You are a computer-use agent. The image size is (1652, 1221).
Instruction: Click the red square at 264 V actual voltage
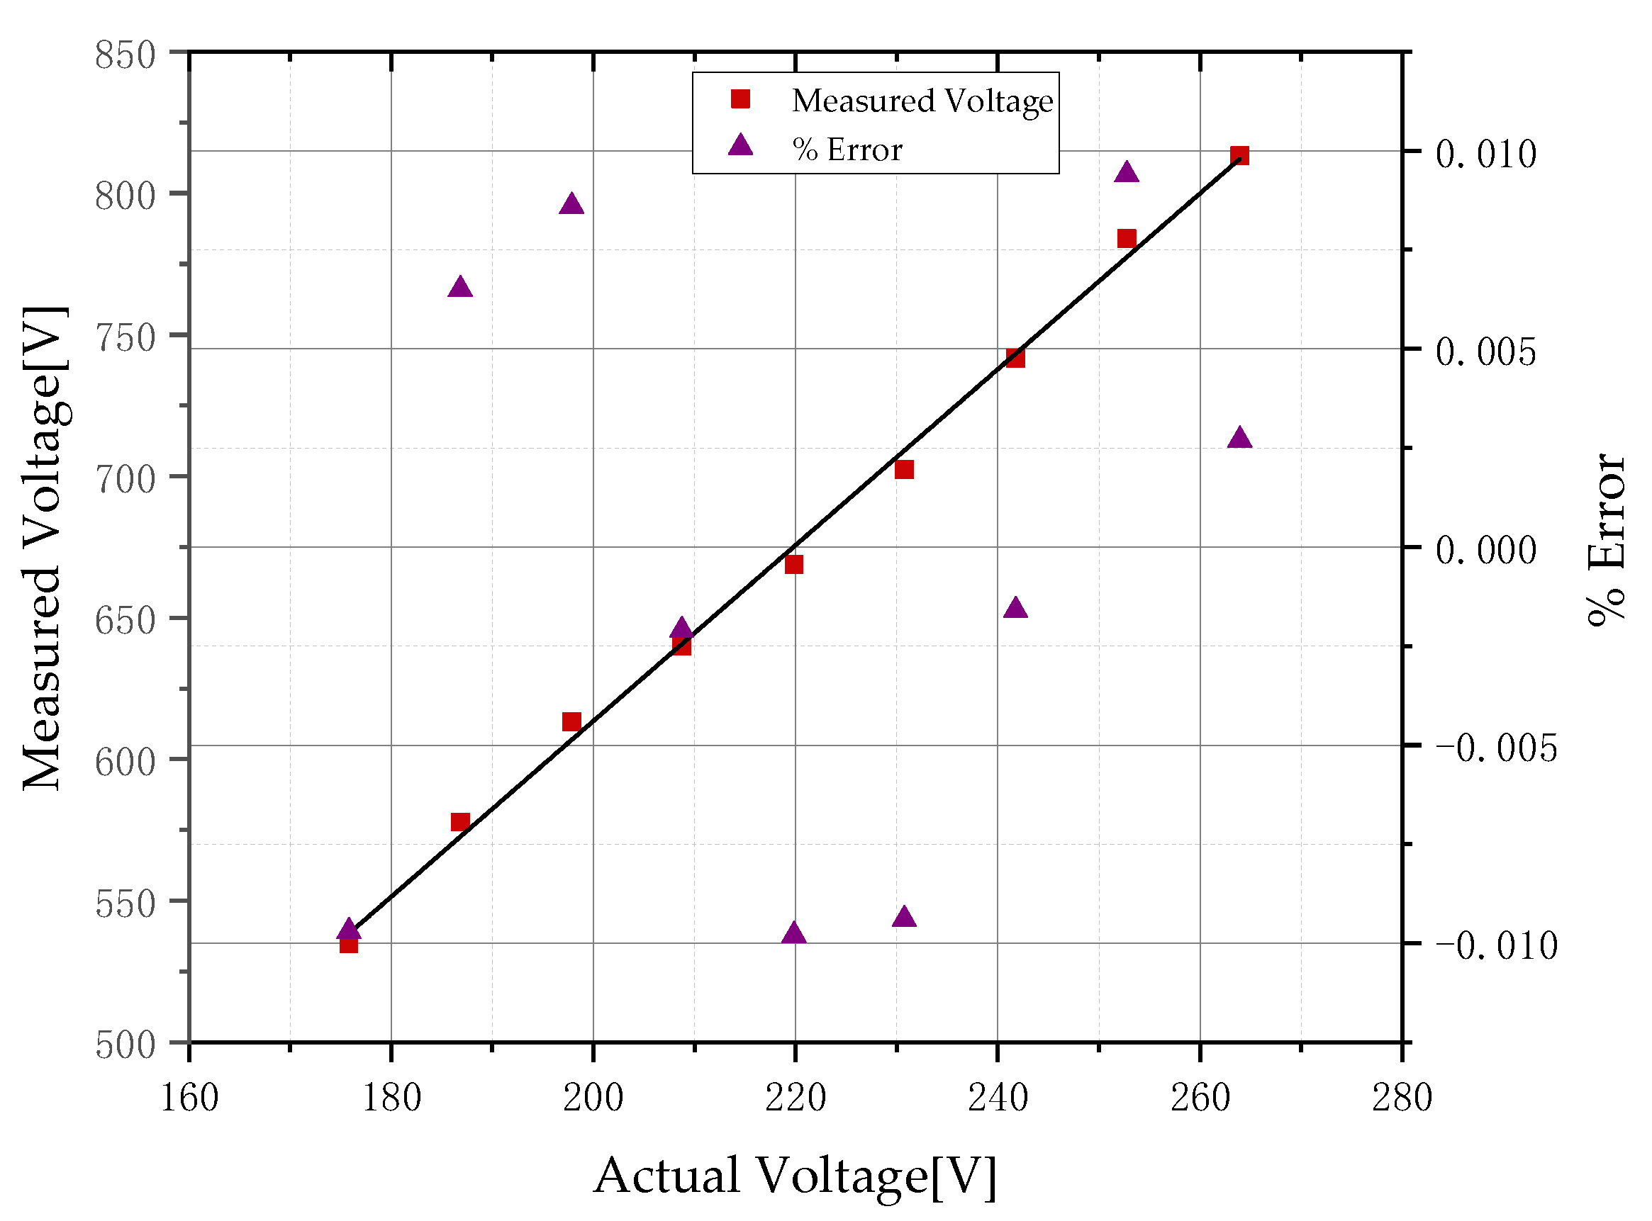1240,155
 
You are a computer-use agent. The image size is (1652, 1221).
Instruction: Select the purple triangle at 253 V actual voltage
1127,173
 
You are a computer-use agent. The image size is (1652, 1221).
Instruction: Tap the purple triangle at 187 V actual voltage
460,288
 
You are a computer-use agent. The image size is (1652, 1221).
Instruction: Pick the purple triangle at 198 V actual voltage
571,205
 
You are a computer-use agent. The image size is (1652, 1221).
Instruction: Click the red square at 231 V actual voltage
905,469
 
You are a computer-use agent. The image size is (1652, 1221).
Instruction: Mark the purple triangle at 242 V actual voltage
1016,608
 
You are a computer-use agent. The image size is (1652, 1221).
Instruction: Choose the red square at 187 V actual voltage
460,822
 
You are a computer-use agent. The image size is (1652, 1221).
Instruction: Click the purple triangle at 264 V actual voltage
1240,438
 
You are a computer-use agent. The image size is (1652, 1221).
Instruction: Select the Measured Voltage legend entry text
922,101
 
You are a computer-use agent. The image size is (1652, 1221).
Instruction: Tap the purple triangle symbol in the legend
740,145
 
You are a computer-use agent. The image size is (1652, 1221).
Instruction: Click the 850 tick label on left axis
125,55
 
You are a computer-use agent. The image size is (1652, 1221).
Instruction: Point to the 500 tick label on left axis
125,1045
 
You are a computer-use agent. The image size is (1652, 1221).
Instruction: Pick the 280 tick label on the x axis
1402,1098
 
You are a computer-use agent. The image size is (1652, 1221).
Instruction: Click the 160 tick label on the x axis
189,1098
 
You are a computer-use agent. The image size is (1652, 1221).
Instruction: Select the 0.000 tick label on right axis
1486,549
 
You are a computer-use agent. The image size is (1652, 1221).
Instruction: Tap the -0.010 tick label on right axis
1495,945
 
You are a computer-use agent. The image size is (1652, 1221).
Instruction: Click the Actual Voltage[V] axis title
795,1176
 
